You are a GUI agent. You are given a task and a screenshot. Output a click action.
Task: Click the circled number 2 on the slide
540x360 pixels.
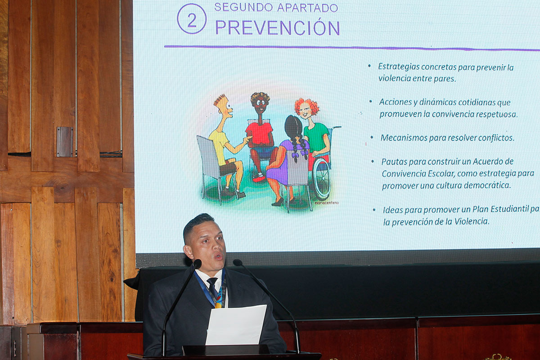[192, 19]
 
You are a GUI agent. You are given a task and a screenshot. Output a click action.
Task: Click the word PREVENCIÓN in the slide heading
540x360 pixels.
[278, 27]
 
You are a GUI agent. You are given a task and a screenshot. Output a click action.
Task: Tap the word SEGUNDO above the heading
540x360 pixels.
[243, 8]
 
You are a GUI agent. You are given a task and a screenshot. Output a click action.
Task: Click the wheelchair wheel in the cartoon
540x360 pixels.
[322, 179]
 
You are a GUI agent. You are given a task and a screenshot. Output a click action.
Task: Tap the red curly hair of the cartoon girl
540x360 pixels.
[307, 106]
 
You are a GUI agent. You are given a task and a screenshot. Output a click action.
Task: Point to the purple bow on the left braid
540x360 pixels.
[295, 154]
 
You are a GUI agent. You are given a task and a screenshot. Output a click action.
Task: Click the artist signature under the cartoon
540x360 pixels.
[327, 203]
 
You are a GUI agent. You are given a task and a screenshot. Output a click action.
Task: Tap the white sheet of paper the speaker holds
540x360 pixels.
[236, 324]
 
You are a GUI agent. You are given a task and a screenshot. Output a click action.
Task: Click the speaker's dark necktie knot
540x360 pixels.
[212, 281]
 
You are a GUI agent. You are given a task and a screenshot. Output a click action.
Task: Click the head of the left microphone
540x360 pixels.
[197, 264]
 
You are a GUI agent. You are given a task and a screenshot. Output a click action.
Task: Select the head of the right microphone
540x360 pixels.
[238, 263]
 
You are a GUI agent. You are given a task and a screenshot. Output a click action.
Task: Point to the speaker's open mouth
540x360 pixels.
[219, 256]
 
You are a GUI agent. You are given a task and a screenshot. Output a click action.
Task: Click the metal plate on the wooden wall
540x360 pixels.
[65, 142]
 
